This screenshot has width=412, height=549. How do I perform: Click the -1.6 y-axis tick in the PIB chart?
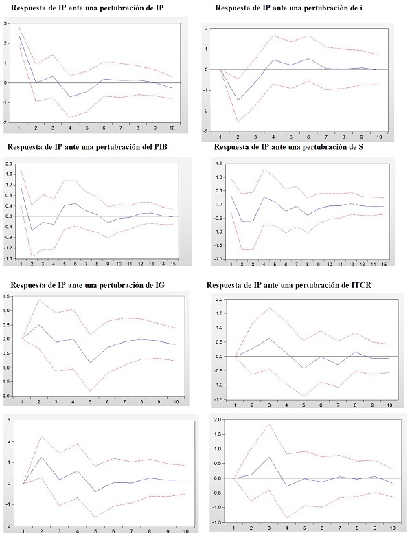point(8,258)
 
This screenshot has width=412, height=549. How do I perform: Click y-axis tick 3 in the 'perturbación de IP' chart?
point(6,23)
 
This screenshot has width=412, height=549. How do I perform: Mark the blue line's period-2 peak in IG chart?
point(39,325)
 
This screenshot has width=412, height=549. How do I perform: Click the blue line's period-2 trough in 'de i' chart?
point(238,100)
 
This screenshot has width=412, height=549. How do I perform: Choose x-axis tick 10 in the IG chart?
point(177,402)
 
